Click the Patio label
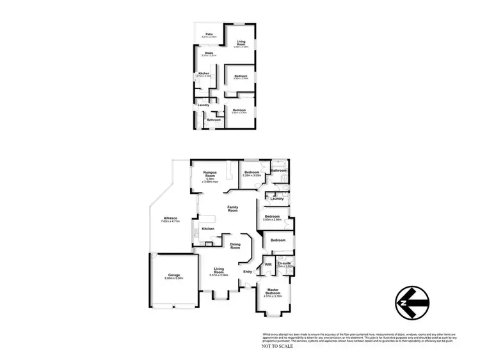click(x=209, y=34)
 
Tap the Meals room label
click(x=209, y=53)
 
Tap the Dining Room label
click(x=235, y=245)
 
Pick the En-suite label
click(x=284, y=263)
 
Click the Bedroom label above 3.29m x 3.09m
click(x=252, y=172)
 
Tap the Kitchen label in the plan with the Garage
click(x=208, y=228)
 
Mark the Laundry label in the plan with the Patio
click(x=204, y=105)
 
